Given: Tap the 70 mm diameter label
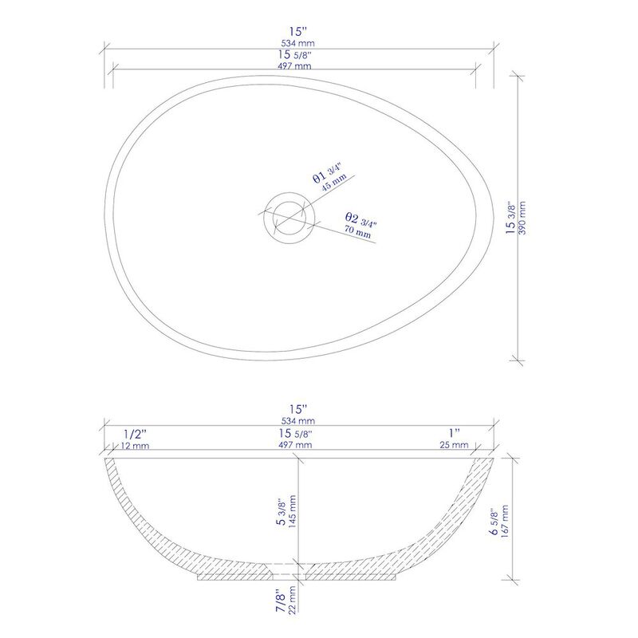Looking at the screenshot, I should [x=357, y=233].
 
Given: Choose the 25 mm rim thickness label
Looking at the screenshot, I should [x=454, y=446].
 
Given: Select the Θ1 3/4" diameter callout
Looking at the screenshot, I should [x=327, y=172].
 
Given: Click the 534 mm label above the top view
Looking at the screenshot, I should [x=297, y=43].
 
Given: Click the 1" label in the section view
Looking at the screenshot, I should [x=454, y=433].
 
